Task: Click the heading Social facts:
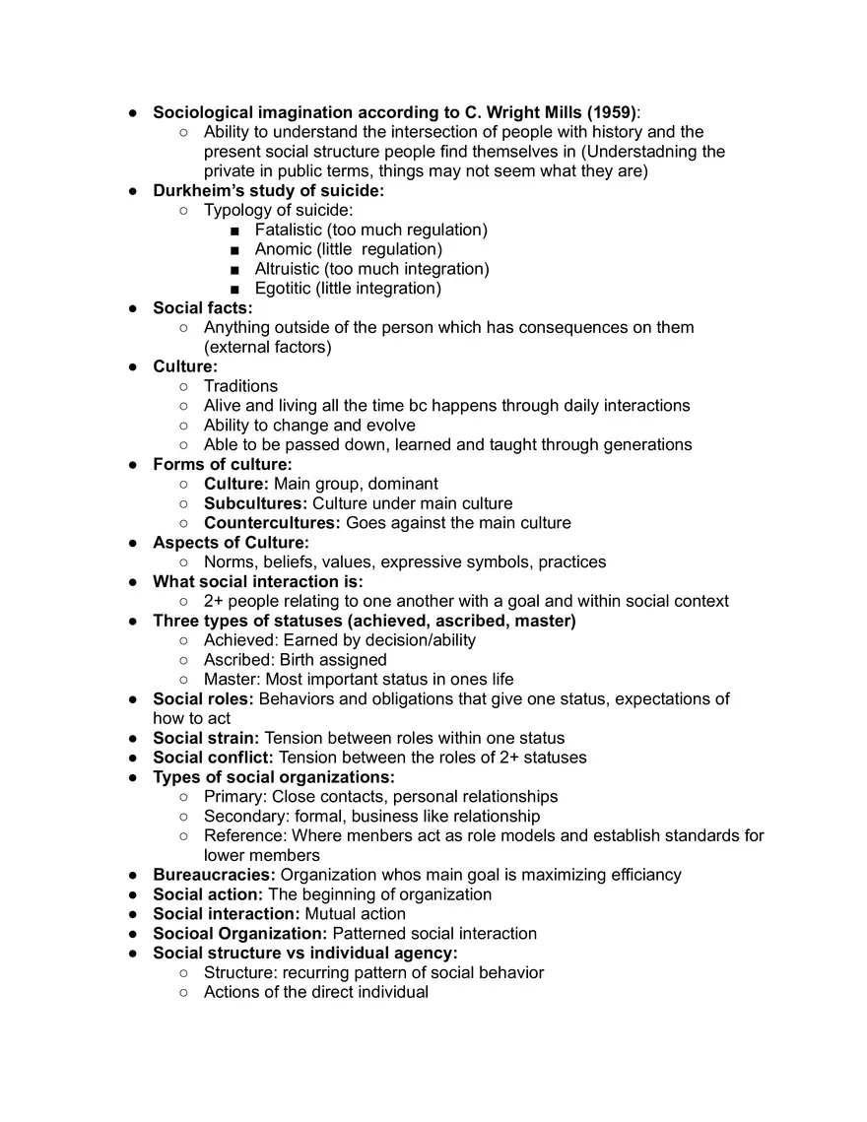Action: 202,308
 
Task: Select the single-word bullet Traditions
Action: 240,386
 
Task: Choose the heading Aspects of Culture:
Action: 231,543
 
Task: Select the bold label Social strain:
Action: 206,738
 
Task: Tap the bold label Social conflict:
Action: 213,758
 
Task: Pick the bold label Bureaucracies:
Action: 214,875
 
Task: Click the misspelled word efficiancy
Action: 642,875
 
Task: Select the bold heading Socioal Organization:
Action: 239,933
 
